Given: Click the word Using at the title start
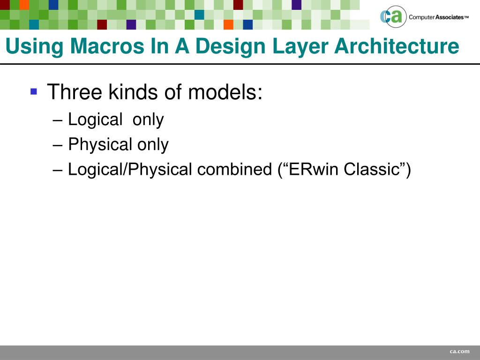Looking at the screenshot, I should click(34, 46).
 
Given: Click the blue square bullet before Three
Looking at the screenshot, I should click(33, 90).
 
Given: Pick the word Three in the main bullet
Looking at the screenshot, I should click(75, 92).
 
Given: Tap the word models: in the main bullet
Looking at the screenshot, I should click(225, 92).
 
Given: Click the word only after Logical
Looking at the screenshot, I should click(148, 120).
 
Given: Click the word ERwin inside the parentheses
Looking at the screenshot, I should click(313, 169).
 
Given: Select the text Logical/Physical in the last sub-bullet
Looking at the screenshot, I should click(130, 169).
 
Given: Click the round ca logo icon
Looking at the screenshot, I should click(392, 17).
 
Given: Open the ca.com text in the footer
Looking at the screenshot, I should click(459, 352).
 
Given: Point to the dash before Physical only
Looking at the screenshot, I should click(58, 145).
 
